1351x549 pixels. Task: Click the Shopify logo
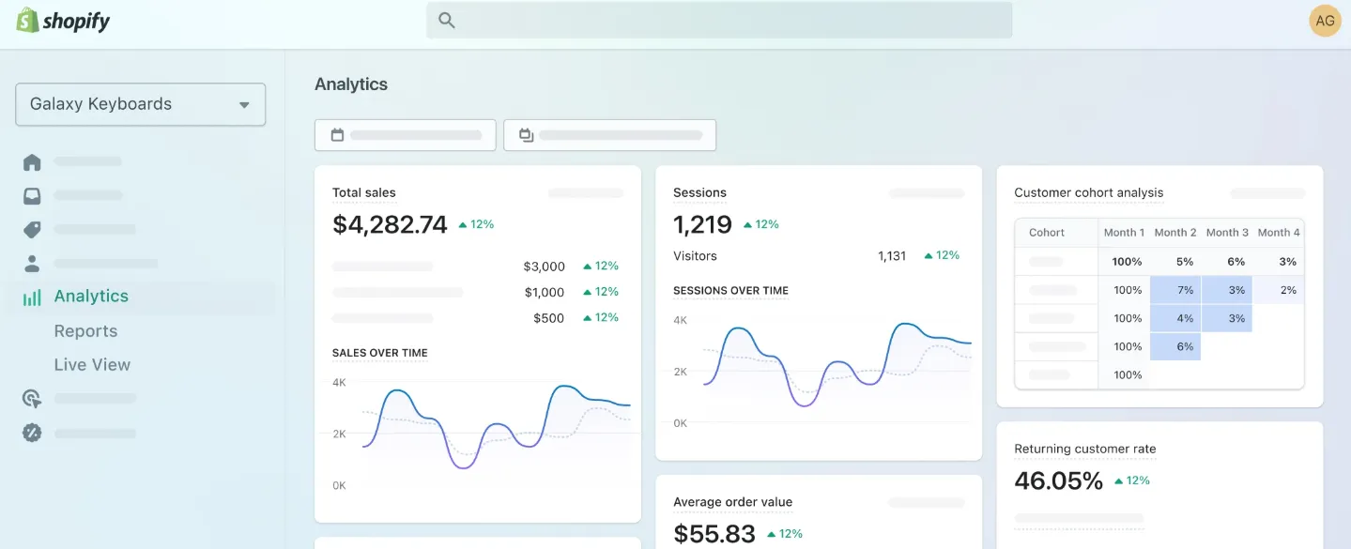64,21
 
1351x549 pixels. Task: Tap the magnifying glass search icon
447,21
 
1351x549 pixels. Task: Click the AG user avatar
1325,21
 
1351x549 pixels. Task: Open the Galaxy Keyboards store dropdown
141,104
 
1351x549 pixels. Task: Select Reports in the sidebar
85,331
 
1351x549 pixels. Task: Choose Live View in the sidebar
92,365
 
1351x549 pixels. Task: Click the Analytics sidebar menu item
91,297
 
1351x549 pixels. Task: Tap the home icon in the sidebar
32,162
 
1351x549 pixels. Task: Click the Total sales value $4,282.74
390,225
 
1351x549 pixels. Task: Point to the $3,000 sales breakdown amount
545,267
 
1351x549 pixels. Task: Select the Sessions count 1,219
702,225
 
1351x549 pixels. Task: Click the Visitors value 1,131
892,256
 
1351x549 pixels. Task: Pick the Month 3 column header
1227,233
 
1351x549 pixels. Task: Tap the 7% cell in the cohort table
1185,290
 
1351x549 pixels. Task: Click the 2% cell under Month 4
1288,290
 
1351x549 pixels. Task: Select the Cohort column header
1047,233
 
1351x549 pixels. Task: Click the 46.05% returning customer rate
1058,481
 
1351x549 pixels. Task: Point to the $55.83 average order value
714,534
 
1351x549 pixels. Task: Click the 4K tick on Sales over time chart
339,383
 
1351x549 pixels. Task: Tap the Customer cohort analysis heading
1088,193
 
